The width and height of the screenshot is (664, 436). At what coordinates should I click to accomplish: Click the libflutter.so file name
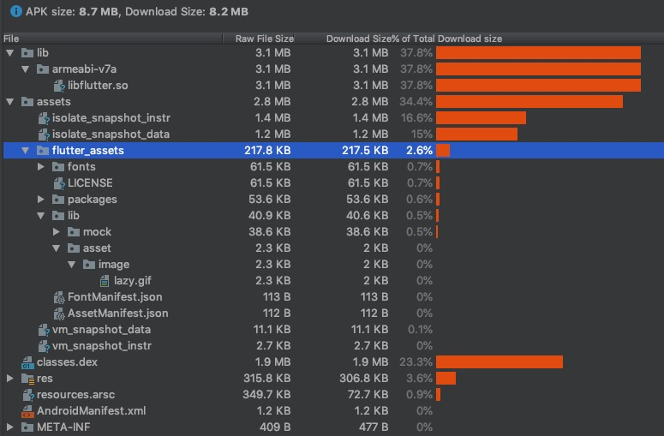click(x=99, y=86)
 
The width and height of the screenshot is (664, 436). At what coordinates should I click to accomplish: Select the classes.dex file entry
click(x=67, y=362)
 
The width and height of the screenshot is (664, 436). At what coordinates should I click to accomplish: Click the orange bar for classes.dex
click(x=499, y=362)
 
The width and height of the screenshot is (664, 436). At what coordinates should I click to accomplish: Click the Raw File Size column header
click(x=264, y=39)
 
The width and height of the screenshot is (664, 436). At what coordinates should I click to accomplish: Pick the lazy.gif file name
click(x=133, y=281)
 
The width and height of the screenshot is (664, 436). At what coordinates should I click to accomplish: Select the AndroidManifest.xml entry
click(x=91, y=410)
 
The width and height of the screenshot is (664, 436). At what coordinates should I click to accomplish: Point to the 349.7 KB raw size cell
click(x=267, y=395)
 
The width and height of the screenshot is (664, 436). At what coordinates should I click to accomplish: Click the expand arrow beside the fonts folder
click(x=41, y=167)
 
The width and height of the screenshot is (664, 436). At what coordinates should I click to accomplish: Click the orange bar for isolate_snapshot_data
click(x=476, y=134)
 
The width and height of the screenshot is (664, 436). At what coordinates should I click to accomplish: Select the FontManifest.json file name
click(x=115, y=297)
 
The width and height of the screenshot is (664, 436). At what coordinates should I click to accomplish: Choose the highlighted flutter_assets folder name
click(x=87, y=151)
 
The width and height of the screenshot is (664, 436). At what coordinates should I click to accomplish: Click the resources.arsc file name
click(x=75, y=395)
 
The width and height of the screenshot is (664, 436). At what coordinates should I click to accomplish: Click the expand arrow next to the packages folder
click(x=41, y=200)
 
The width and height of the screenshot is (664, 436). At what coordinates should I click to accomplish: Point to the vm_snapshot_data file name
click(x=101, y=330)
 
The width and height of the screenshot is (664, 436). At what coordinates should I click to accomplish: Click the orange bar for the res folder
click(x=446, y=379)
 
